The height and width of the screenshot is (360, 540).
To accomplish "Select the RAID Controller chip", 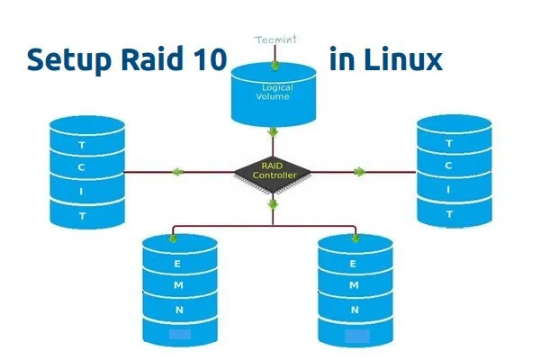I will (x=272, y=171).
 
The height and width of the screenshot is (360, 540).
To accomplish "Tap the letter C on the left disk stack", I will (x=83, y=167).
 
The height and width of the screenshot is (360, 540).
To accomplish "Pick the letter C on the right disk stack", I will (x=449, y=166).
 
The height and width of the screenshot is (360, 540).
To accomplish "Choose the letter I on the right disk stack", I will (x=449, y=191).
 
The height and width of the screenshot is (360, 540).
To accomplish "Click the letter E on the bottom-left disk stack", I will (x=179, y=264).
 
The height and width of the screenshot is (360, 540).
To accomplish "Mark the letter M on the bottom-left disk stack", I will (x=179, y=286).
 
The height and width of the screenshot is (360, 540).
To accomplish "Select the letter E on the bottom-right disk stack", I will (x=354, y=264).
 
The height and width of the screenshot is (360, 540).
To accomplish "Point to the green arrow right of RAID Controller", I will (x=359, y=171).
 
